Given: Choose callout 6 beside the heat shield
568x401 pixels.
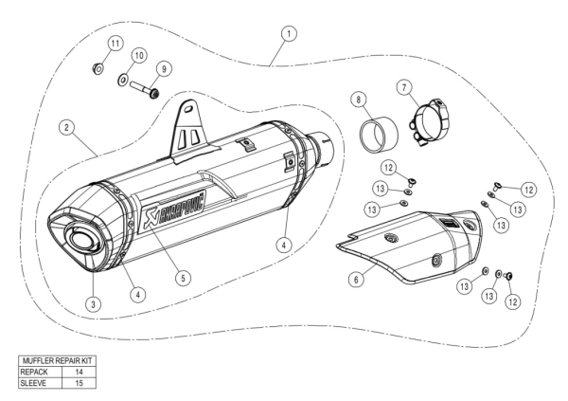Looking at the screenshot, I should (354, 281).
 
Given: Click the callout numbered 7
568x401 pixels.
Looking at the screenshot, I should (406, 88).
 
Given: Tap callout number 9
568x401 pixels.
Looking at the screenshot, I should (164, 68).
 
